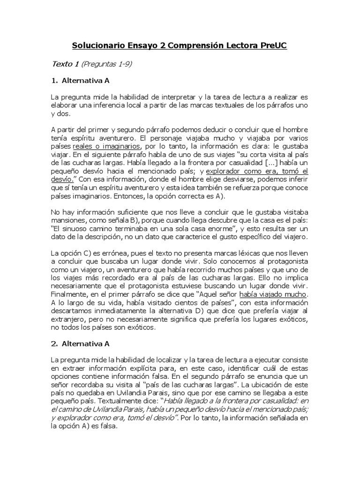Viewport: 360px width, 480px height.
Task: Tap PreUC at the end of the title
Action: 271,46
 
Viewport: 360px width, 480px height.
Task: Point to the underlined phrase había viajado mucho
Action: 273,294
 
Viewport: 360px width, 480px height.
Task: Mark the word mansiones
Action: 67,220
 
